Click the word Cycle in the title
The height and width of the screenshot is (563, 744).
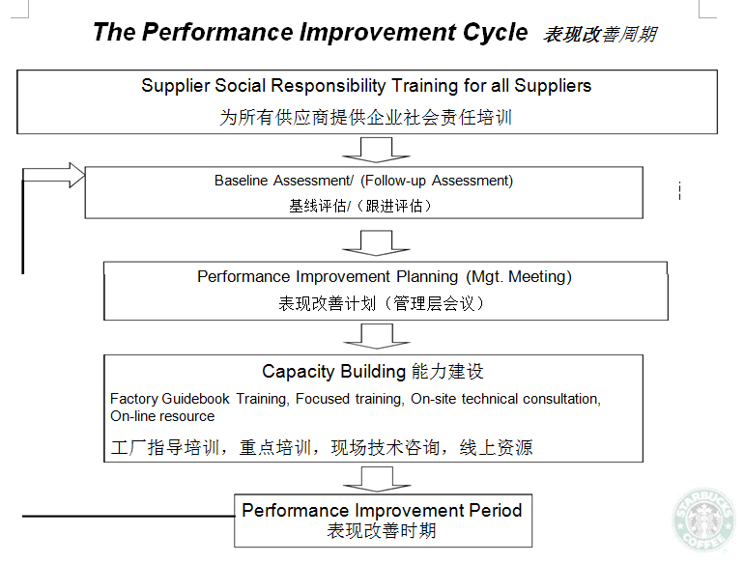click(495, 32)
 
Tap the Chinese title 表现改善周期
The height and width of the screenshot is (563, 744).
click(600, 35)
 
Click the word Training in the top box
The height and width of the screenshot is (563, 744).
click(424, 86)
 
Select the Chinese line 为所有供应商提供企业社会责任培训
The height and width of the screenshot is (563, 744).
click(366, 117)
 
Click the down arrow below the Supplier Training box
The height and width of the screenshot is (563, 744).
click(376, 150)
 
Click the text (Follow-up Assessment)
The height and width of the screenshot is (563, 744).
click(437, 181)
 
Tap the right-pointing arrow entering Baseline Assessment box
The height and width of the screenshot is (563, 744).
click(53, 175)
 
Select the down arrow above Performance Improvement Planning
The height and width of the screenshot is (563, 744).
click(376, 242)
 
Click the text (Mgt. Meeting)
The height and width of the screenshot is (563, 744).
click(519, 276)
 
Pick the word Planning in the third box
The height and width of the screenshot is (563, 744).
click(427, 276)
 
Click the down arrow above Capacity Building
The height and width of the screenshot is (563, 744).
click(376, 336)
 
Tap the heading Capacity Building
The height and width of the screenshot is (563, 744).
click(333, 372)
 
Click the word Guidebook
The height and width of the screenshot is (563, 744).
click(195, 399)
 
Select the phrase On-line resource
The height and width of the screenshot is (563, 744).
click(162, 416)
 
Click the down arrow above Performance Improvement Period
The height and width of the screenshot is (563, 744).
click(377, 479)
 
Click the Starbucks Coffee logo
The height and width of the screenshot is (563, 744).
click(704, 521)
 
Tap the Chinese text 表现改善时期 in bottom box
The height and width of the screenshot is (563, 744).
click(382, 531)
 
